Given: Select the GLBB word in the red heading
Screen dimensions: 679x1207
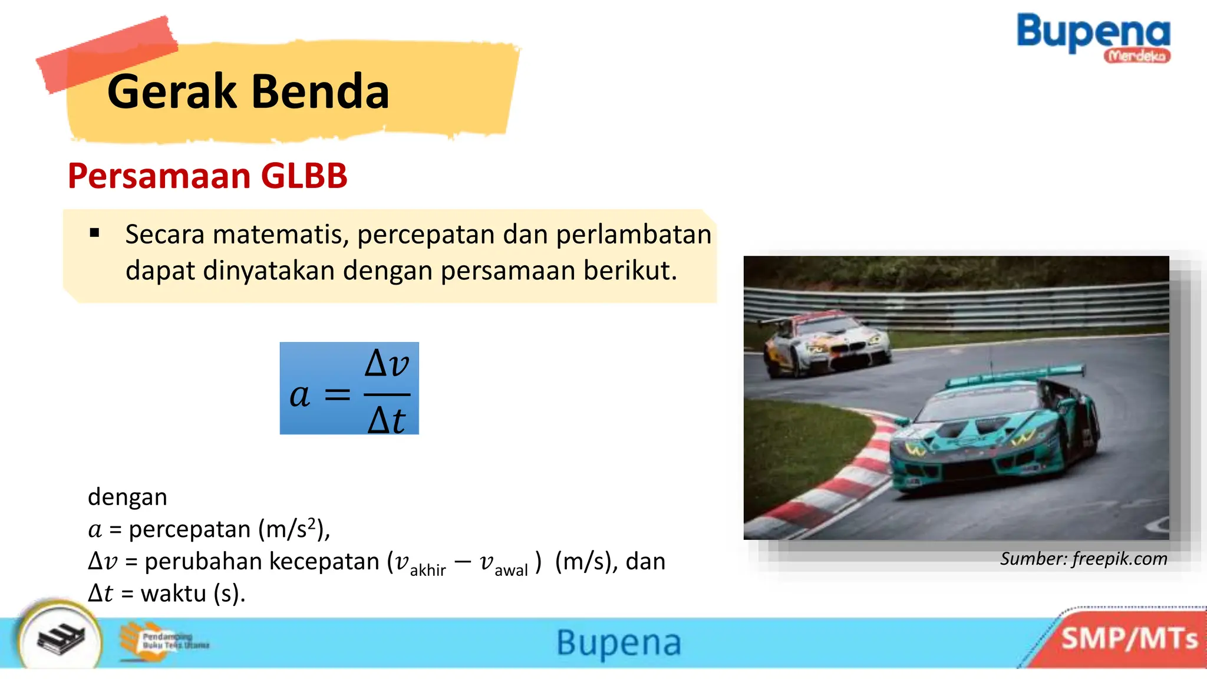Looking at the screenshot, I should pos(304,176).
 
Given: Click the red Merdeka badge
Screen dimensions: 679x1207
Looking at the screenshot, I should pos(1136,56).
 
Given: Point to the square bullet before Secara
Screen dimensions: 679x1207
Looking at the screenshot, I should pos(95,233).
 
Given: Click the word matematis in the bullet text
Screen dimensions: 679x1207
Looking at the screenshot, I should pos(281,235).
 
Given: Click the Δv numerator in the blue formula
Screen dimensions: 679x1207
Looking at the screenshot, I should pos(387,363).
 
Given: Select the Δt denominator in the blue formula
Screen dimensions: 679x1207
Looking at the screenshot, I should pos(387,420).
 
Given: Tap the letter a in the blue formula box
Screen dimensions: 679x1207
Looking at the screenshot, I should pos(299,395).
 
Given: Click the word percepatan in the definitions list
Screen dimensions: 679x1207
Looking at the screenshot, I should pos(190,529).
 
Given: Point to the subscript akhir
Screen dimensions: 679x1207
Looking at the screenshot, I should pos(428,570).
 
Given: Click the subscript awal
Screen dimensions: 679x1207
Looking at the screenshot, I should pos(511,570).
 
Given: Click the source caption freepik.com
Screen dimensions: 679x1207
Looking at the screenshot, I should pos(1119,559).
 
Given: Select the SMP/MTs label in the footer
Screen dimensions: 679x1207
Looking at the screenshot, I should pos(1129,639).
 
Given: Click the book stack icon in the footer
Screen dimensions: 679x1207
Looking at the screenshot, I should pos(60,639).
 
